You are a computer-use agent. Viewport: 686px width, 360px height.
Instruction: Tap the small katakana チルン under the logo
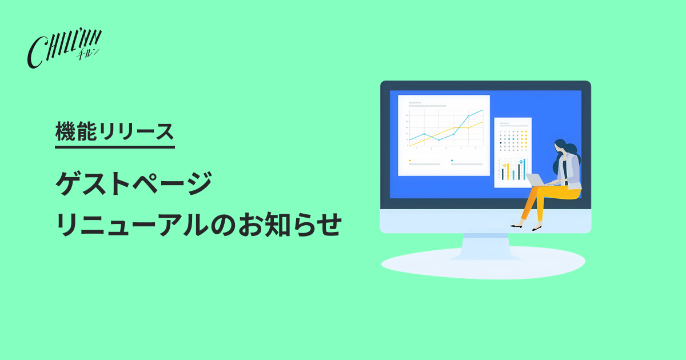(x=87, y=54)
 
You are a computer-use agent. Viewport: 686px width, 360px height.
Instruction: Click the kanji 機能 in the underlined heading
(x=76, y=131)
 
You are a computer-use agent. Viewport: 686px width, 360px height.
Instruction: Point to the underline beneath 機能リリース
(x=115, y=147)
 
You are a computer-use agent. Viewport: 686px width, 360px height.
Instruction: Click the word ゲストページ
(x=134, y=183)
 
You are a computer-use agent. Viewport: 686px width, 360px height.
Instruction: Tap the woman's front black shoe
(x=537, y=229)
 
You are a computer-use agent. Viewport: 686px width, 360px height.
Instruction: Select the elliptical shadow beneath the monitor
(x=483, y=263)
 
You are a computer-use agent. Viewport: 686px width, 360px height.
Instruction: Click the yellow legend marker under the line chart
(x=410, y=161)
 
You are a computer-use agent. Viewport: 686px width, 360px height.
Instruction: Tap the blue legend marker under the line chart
(x=452, y=161)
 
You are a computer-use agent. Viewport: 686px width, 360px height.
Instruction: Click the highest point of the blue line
(x=482, y=110)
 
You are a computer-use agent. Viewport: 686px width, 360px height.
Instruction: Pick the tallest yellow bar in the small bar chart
(x=508, y=172)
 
